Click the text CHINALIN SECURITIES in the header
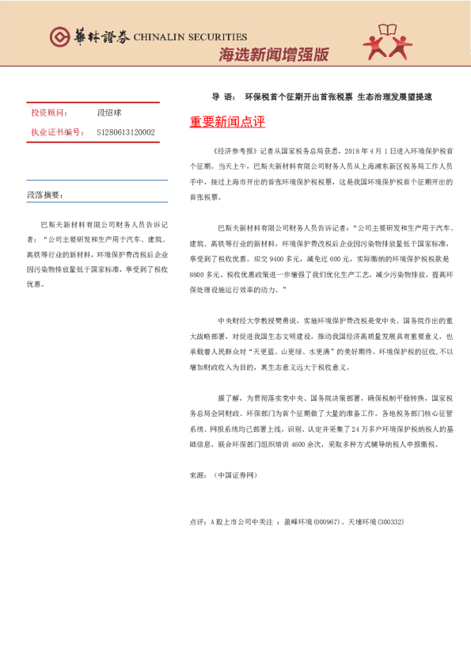coord(190,36)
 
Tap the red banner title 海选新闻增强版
coord(273,55)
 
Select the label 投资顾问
coord(49,113)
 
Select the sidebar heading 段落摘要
coord(44,193)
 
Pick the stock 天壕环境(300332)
coord(376,523)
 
